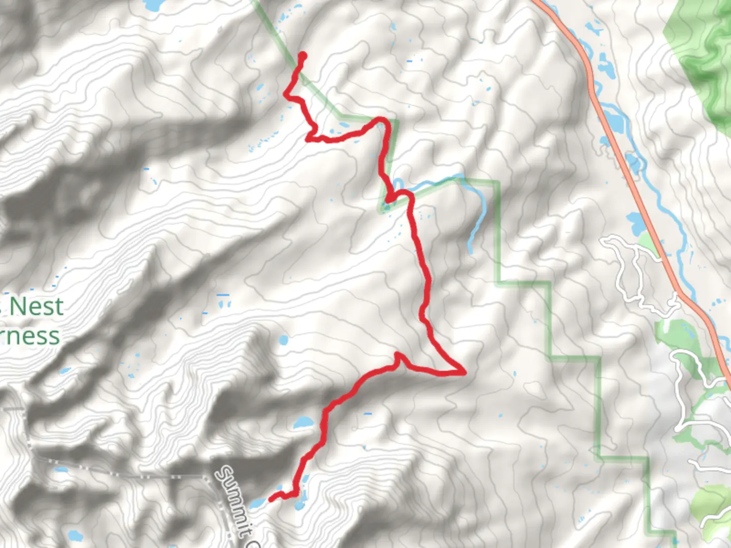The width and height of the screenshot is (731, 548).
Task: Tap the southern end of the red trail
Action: pyautogui.click(x=271, y=499)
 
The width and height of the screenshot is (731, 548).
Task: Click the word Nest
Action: pyautogui.click(x=37, y=306)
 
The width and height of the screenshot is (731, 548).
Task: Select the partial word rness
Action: pyautogui.click(x=30, y=336)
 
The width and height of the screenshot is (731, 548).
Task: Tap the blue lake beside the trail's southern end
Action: pyautogui.click(x=256, y=503)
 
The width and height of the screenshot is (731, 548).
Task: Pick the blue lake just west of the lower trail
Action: pyautogui.click(x=303, y=422)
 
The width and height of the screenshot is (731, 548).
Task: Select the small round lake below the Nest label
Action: pyautogui.click(x=283, y=340)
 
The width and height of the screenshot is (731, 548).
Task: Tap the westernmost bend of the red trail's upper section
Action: pyautogui.click(x=286, y=93)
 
